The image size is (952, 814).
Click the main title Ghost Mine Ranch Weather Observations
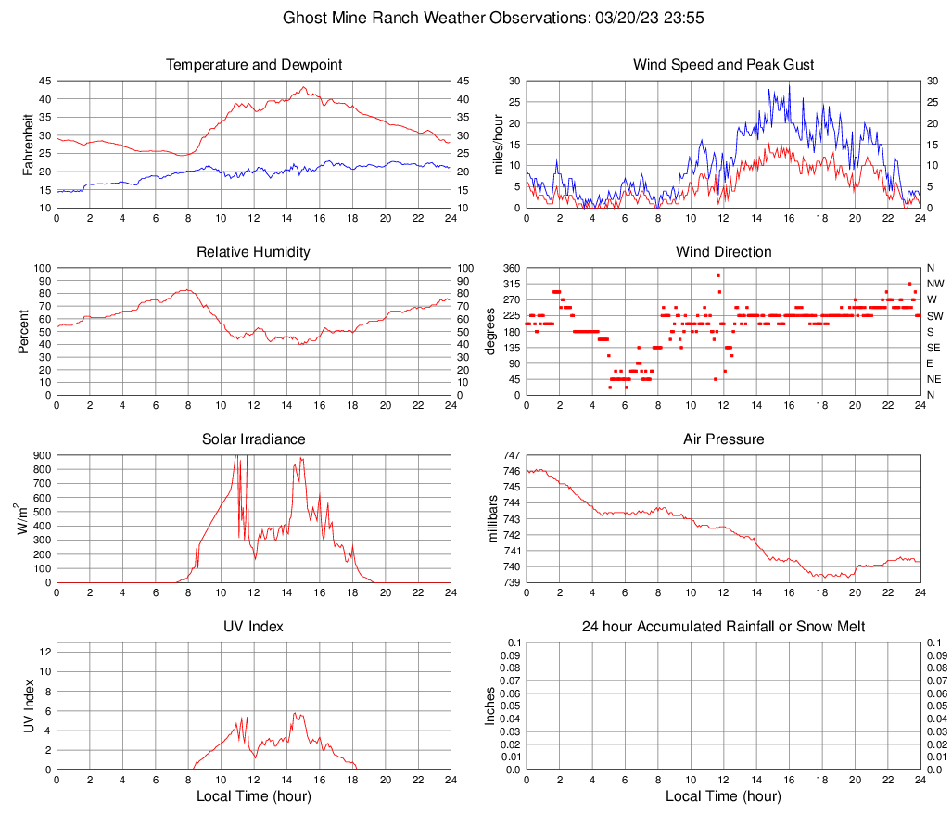[476, 18]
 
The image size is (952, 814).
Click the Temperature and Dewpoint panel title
[254, 65]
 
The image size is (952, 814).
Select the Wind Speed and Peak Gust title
[724, 65]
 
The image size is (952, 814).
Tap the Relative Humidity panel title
[254, 252]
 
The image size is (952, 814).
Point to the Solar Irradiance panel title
[254, 439]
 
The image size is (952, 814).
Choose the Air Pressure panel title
[724, 439]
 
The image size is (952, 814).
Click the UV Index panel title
[254, 627]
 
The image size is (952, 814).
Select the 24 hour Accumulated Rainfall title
[724, 627]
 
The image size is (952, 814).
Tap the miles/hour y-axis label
[497, 145]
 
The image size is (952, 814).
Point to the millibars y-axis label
[493, 519]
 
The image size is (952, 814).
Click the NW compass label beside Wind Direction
[935, 284]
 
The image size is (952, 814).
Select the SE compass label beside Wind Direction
[934, 348]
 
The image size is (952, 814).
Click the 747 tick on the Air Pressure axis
[510, 456]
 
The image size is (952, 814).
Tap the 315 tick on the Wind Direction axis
[510, 284]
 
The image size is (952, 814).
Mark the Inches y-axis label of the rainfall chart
[490, 706]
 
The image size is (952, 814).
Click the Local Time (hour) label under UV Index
[254, 796]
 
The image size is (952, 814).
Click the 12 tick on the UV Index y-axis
[44, 652]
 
